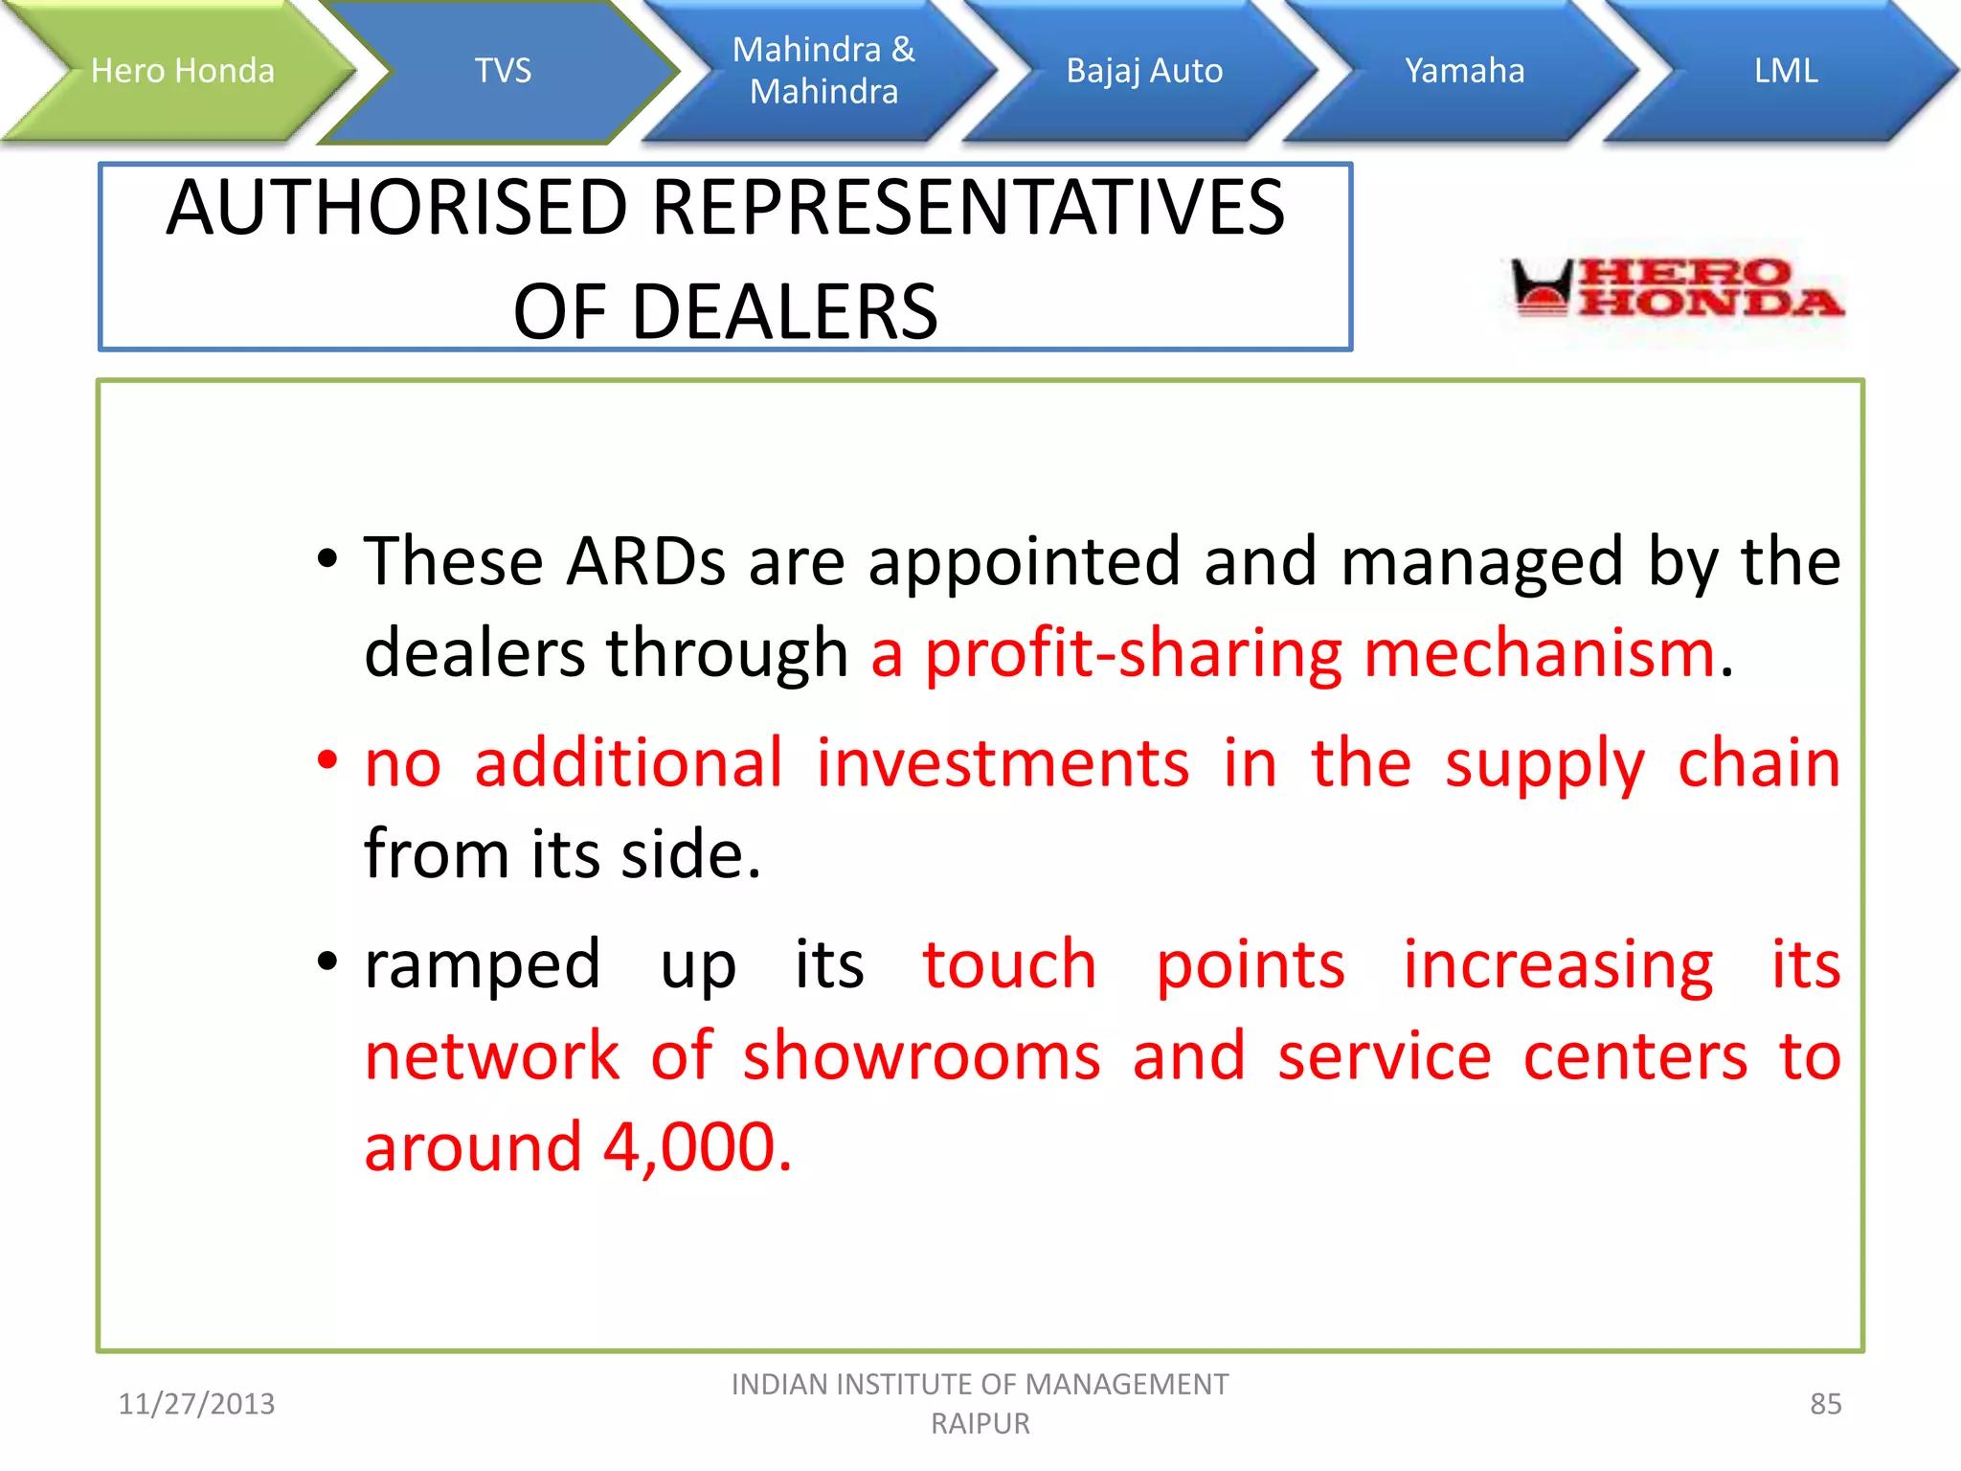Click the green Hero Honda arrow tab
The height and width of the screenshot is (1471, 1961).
point(182,71)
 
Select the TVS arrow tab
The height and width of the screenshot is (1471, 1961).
point(503,71)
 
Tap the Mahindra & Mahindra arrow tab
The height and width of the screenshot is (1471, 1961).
point(823,71)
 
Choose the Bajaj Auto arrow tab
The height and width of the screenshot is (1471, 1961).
point(1144,71)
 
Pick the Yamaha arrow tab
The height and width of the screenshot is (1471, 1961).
point(1464,71)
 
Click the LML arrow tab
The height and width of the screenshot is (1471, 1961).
point(1786,71)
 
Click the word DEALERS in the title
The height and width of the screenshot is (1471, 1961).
point(784,312)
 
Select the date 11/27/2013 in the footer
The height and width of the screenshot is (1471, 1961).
point(196,1404)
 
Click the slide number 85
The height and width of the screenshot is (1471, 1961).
point(1825,1404)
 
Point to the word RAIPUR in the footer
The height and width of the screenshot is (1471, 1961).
point(980,1424)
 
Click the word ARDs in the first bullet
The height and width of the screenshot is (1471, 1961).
point(646,561)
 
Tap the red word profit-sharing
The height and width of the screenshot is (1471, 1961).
point(1133,654)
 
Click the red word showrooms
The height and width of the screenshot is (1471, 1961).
point(922,1056)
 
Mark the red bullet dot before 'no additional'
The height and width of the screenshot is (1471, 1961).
point(327,760)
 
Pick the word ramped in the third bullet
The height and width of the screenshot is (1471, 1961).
point(483,965)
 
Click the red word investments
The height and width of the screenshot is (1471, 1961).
point(1003,764)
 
